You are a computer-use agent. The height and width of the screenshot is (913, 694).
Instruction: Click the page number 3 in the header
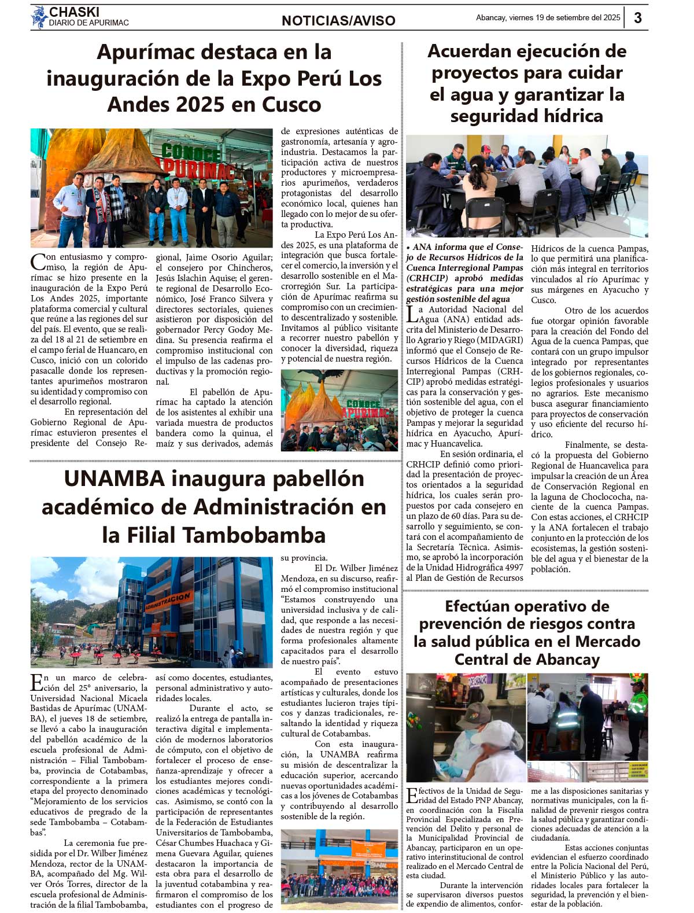point(637,17)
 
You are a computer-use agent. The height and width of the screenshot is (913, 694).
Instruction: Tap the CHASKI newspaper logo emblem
point(39,17)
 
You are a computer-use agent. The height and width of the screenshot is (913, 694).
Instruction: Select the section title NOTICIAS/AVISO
point(338,21)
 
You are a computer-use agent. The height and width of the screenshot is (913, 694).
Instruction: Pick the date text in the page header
point(548,17)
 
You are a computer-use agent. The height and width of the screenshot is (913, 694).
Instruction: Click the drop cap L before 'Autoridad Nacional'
point(411,314)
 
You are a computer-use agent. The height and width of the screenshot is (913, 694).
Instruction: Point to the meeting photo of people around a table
point(526,186)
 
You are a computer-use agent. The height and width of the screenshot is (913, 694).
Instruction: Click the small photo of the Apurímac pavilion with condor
point(339,410)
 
